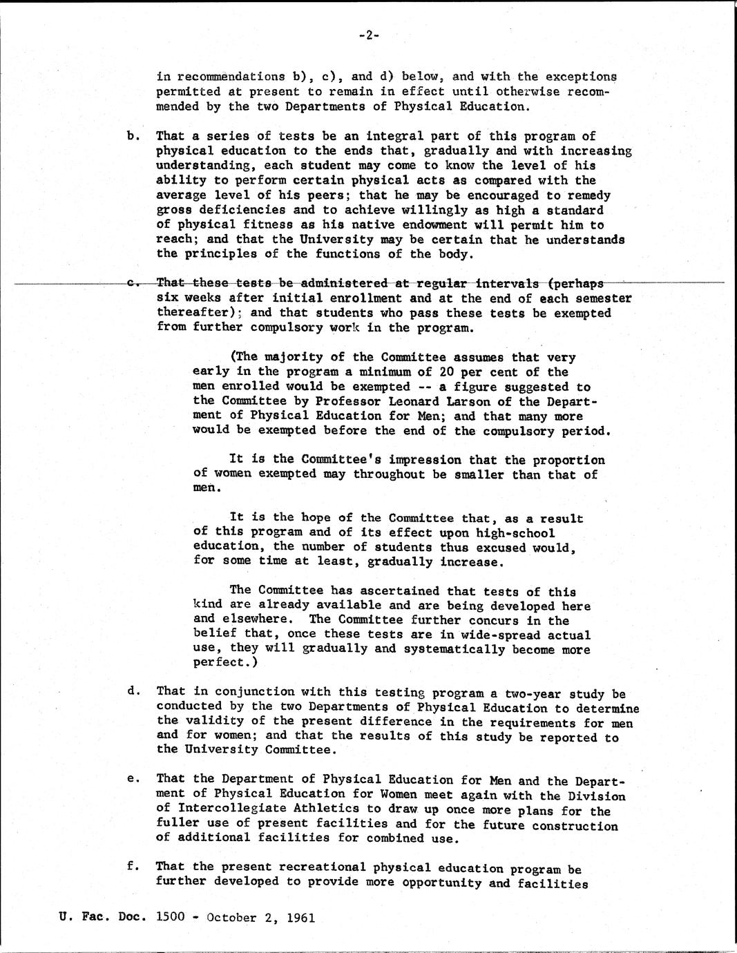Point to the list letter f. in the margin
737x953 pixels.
132,866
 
